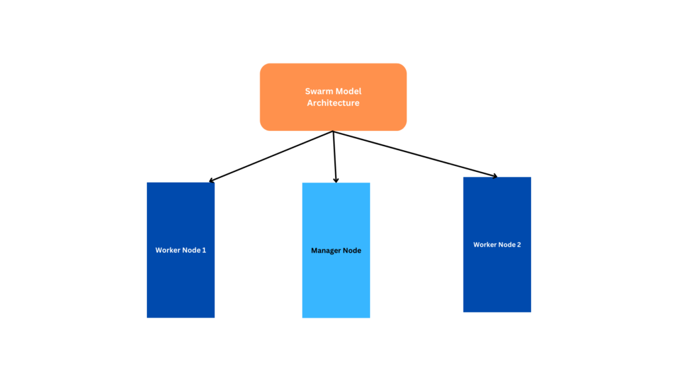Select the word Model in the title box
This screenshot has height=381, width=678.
coord(349,91)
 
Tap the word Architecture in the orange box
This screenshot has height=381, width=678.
coord(333,103)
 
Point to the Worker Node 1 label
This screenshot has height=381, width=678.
coord(181,251)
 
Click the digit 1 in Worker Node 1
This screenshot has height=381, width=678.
coord(204,251)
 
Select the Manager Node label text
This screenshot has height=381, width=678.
coord(336,251)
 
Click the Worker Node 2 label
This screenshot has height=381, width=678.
coord(497,245)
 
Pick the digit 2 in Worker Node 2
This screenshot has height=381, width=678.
coord(518,245)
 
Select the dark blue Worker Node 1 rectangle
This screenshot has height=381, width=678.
coord(181,284)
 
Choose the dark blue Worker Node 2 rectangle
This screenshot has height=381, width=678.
coord(497,278)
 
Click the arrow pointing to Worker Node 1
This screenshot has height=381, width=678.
coord(271,156)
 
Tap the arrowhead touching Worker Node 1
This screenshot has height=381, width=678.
coord(211,180)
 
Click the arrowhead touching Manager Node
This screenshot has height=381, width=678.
coord(336,179)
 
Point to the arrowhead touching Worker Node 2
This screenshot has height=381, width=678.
coord(494,175)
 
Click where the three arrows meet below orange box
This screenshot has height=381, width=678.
coord(333,132)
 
